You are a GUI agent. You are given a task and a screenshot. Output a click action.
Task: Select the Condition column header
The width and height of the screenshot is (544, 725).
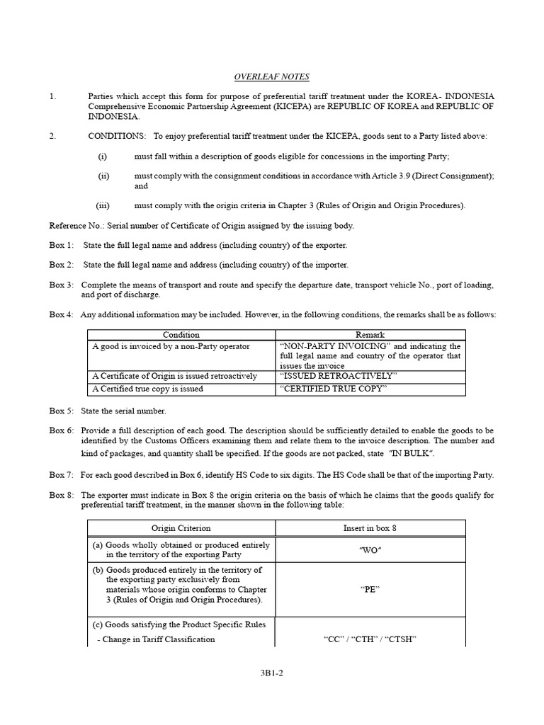coord(181,335)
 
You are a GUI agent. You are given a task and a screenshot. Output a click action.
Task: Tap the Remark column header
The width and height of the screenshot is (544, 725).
coord(370,335)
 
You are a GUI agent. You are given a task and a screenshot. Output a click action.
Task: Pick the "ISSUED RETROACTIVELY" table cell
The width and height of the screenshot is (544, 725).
coord(339,376)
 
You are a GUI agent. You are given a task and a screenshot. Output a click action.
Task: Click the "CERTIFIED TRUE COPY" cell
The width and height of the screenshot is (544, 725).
coord(334,389)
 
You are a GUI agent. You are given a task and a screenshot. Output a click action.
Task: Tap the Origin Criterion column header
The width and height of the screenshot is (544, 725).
coord(181,528)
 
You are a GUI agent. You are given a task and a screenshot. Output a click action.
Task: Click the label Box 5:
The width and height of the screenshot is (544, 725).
coord(61,411)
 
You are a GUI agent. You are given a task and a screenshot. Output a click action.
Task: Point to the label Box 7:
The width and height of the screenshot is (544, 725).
coord(61,474)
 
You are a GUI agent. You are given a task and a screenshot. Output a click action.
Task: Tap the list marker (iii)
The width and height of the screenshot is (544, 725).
coord(103,205)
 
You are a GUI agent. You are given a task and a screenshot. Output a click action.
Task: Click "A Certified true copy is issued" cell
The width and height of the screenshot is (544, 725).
coord(148,389)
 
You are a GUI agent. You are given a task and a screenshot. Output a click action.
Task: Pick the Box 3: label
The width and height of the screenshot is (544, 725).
coord(61,285)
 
